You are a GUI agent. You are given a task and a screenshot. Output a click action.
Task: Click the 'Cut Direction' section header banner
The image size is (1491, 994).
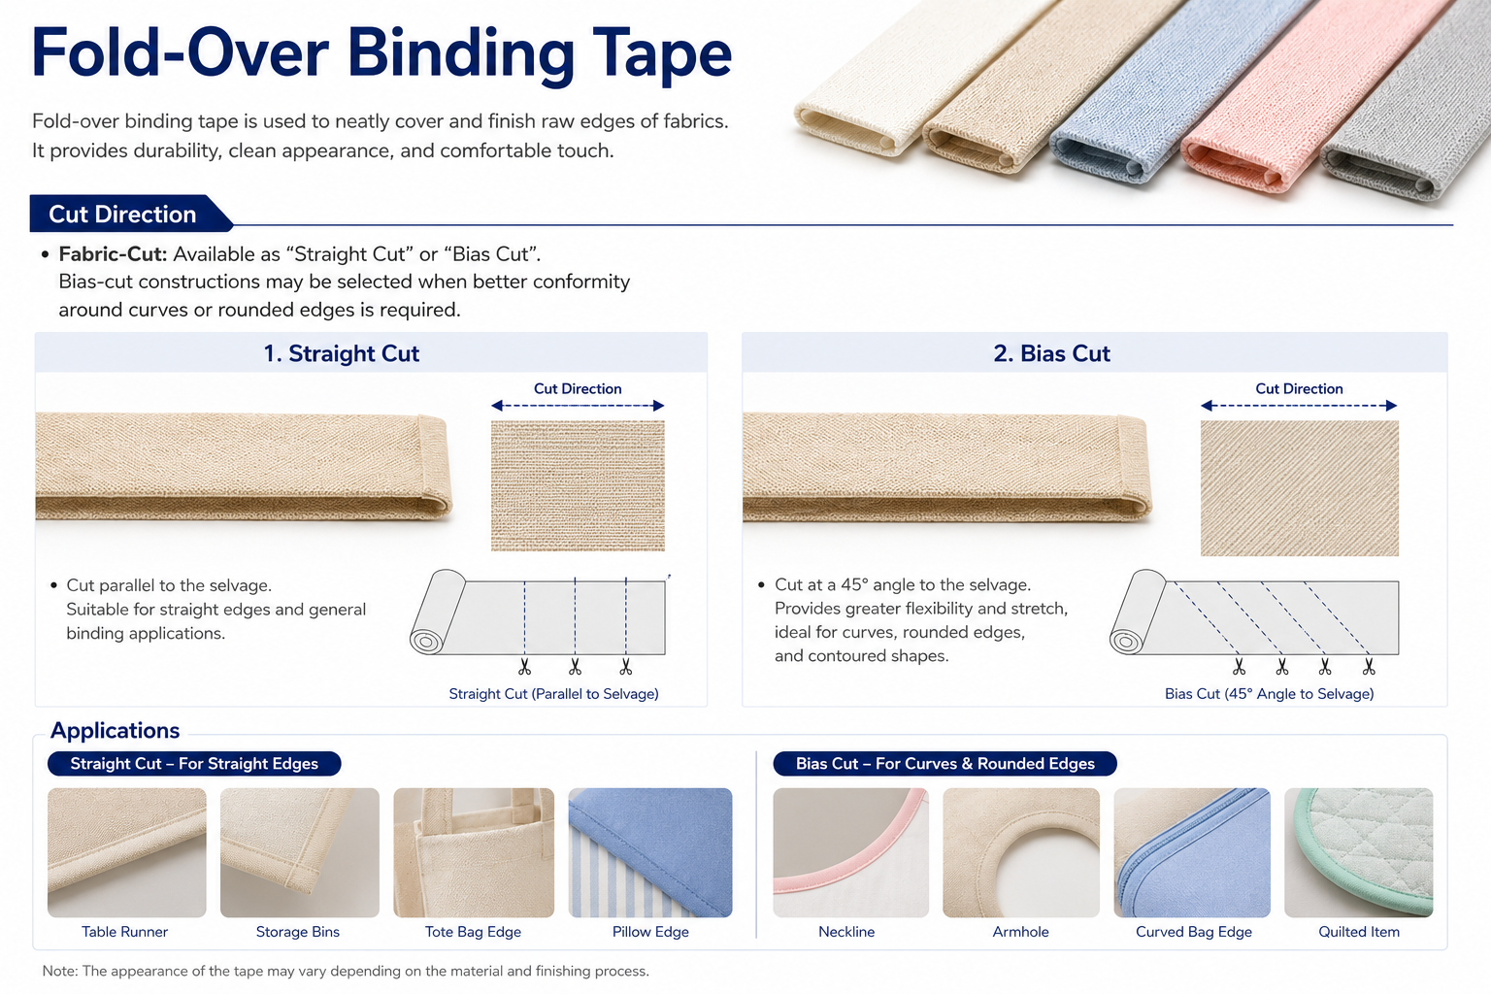click(x=130, y=214)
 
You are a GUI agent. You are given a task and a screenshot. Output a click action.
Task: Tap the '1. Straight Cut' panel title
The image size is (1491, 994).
click(x=342, y=353)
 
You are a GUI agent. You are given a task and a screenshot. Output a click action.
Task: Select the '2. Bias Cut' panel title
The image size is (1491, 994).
click(x=1051, y=353)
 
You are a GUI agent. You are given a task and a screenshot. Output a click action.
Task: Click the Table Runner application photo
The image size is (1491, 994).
click(x=127, y=853)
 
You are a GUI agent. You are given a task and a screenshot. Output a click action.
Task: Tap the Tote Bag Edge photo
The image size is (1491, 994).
click(x=474, y=853)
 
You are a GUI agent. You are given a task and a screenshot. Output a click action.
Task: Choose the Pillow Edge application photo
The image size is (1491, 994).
click(x=650, y=853)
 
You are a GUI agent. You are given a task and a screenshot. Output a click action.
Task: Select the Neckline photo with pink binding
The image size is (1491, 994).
click(x=850, y=853)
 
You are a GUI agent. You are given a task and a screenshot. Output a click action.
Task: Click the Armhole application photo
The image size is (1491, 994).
click(x=1021, y=853)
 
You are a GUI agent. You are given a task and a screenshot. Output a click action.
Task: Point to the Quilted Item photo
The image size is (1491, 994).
click(x=1359, y=853)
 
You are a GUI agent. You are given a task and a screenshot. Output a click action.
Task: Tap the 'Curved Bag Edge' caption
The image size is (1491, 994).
click(x=1193, y=932)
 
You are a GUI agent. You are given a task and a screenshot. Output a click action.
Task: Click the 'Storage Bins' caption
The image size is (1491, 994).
click(x=298, y=932)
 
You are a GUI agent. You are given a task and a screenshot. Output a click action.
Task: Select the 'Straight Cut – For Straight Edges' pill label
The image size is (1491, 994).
click(x=194, y=764)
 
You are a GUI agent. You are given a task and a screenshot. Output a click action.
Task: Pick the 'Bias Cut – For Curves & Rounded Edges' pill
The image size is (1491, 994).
click(x=945, y=764)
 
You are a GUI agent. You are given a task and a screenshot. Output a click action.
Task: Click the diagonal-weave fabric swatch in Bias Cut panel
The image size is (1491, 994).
click(x=1300, y=488)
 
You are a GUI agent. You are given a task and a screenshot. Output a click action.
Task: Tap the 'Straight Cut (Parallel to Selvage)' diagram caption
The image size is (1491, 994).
click(x=554, y=694)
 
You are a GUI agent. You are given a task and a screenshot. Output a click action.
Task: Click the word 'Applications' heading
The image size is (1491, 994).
click(x=116, y=730)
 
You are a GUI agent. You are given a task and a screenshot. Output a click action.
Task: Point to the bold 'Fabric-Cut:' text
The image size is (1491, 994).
click(x=113, y=254)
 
